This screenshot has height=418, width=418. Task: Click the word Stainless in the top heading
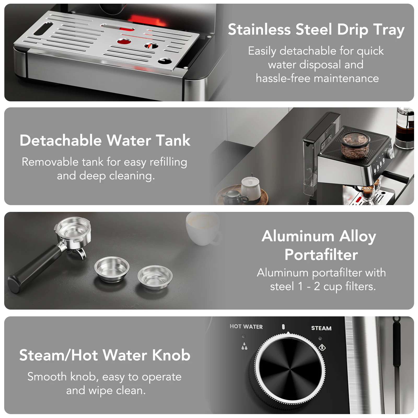(x=259, y=29)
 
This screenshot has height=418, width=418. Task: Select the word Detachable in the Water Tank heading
(x=61, y=140)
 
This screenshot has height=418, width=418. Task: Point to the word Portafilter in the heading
(x=321, y=255)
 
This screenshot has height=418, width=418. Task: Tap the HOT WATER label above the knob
(x=246, y=327)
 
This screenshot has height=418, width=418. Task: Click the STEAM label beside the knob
(x=321, y=328)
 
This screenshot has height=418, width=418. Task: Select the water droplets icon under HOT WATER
(x=244, y=346)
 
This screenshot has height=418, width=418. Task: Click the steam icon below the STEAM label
(x=322, y=347)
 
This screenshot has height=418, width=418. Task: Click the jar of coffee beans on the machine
(x=356, y=146)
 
